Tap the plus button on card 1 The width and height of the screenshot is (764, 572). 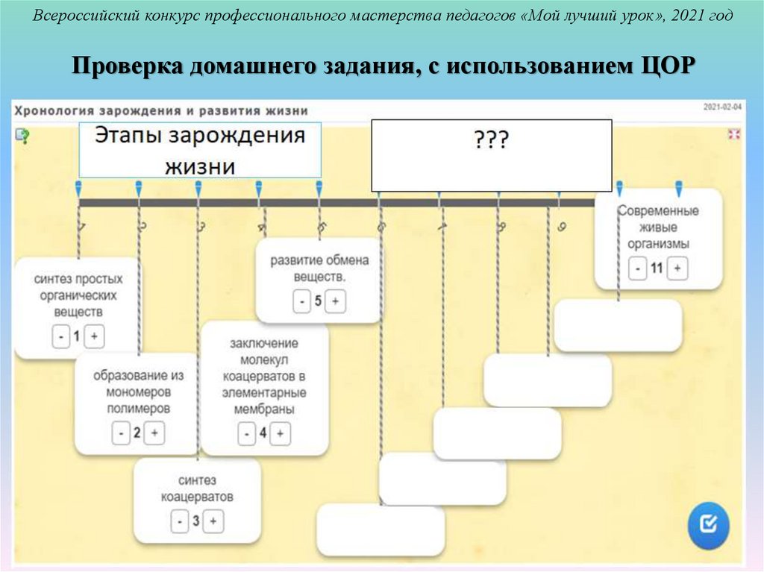[93, 337]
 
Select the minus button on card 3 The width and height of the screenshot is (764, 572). [180, 521]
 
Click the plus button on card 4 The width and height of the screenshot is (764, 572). [281, 433]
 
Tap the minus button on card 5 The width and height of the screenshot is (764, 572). [301, 301]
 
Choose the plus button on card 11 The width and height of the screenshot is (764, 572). [677, 268]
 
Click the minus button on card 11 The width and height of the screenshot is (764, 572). [637, 268]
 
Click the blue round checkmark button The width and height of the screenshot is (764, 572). [708, 525]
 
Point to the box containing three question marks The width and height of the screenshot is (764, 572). [492, 155]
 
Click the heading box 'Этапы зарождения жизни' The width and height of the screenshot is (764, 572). [200, 150]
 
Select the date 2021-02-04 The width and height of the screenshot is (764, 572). [722, 107]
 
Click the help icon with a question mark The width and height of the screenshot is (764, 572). [22, 135]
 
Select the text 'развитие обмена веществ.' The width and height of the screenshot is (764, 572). [319, 268]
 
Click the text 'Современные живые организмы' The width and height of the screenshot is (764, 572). [658, 227]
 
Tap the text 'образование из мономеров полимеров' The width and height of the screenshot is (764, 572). [138, 392]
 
